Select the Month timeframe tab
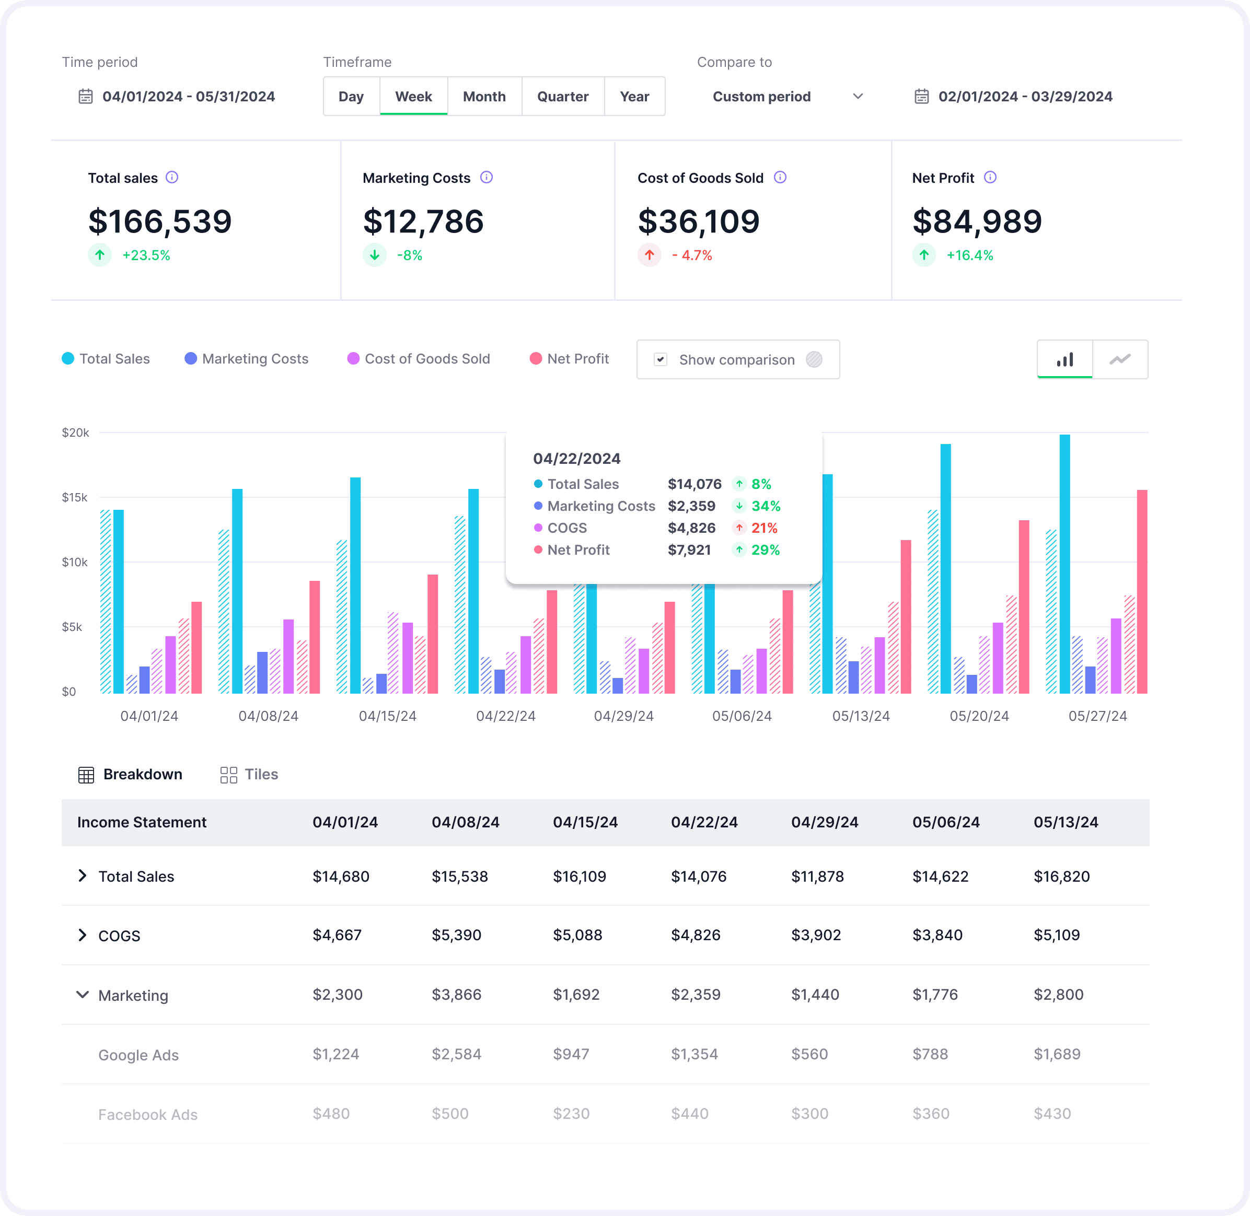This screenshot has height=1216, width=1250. pyautogui.click(x=484, y=97)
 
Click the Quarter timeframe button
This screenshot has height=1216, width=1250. pyautogui.click(x=562, y=97)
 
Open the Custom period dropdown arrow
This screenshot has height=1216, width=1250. pyautogui.click(x=858, y=97)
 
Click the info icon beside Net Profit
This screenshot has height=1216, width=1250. pyautogui.click(x=990, y=178)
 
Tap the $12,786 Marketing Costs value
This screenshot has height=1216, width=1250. pyautogui.click(x=423, y=221)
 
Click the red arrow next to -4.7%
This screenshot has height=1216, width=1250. pyautogui.click(x=649, y=255)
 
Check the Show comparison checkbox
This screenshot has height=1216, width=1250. pyautogui.click(x=661, y=359)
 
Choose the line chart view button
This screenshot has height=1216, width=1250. pyautogui.click(x=1120, y=359)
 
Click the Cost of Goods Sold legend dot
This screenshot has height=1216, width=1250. pyautogui.click(x=353, y=359)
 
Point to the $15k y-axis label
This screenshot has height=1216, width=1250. pyautogui.click(x=75, y=497)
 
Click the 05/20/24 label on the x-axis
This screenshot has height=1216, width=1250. pyautogui.click(x=979, y=716)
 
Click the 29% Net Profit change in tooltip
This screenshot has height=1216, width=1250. pyautogui.click(x=766, y=550)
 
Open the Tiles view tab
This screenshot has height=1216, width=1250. pyautogui.click(x=249, y=775)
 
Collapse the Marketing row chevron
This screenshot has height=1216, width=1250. pyautogui.click(x=83, y=995)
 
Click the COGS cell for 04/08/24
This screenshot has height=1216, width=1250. pyautogui.click(x=456, y=935)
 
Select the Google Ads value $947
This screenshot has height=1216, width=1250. pyautogui.click(x=571, y=1054)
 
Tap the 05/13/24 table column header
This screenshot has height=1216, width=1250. pyautogui.click(x=1066, y=823)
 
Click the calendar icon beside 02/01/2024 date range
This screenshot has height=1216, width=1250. pyautogui.click(x=921, y=97)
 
